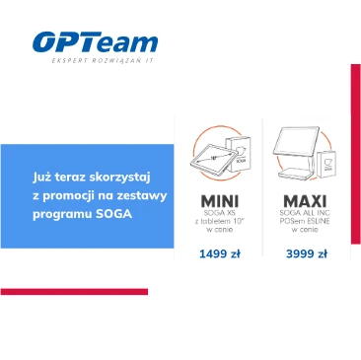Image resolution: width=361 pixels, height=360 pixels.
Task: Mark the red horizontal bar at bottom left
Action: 74,292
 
